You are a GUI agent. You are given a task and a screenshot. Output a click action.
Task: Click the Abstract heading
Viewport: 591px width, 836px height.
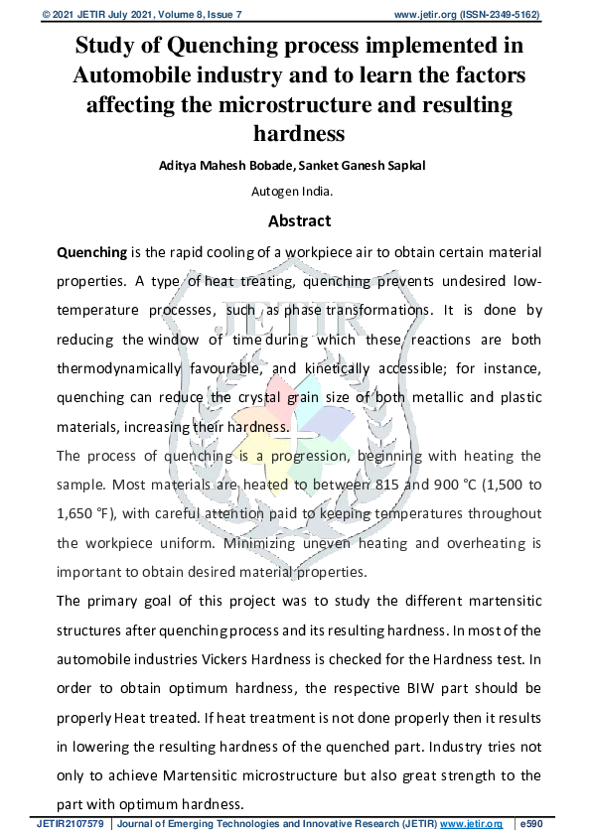point(299,221)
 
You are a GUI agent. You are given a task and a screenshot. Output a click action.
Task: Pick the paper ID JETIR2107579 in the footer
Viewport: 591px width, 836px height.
point(73,824)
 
